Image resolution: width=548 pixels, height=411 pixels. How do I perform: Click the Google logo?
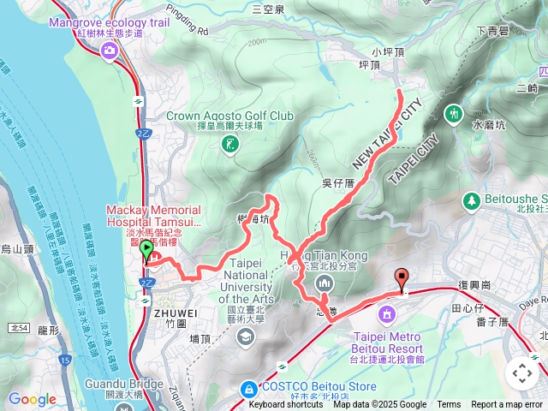click(x=32, y=399)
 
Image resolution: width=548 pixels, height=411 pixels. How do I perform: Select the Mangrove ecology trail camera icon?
click(x=110, y=51)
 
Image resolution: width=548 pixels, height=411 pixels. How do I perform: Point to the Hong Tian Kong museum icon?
click(x=325, y=283)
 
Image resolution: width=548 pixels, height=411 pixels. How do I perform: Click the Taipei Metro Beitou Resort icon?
click(x=387, y=314)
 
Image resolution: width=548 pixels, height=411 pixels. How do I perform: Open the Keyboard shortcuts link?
click(x=286, y=404)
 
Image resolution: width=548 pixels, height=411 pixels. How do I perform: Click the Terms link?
click(x=449, y=404)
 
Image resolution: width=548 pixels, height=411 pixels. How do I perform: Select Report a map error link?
click(x=508, y=404)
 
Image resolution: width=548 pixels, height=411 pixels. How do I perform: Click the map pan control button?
click(x=521, y=373)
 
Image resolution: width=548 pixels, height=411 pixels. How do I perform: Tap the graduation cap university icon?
click(x=247, y=337)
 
